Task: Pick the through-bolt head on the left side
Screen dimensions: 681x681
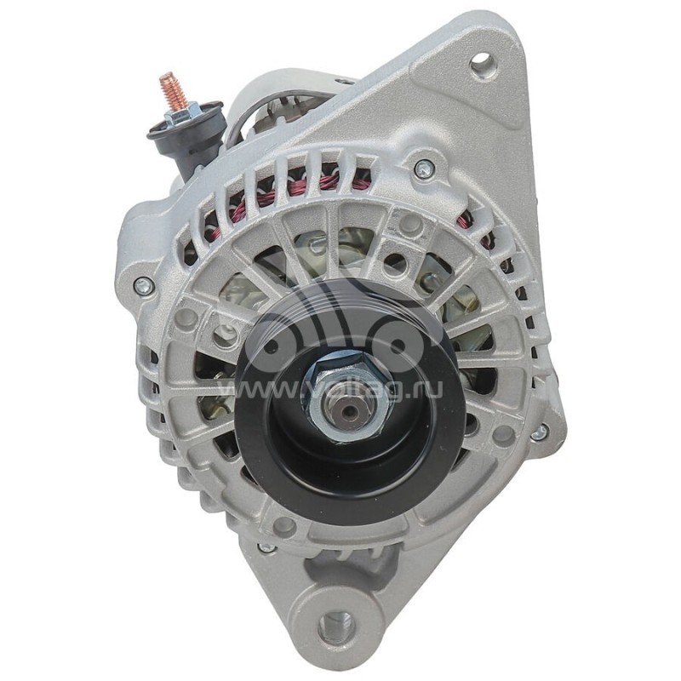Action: coord(142,285)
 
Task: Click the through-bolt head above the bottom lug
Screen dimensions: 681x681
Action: coord(266,548)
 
